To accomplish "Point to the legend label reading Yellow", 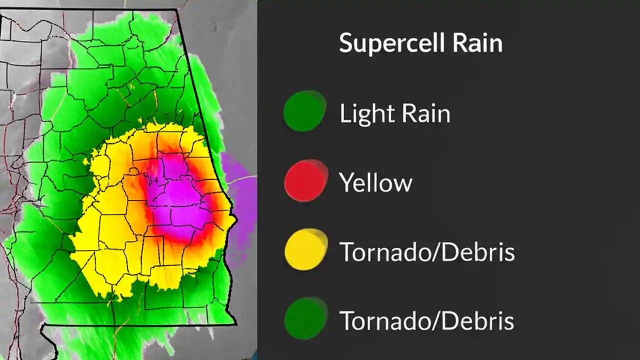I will [x=375, y=182].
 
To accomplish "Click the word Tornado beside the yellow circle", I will [x=382, y=251].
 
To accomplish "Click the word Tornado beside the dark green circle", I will [x=382, y=320].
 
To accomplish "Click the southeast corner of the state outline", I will [x=235, y=323].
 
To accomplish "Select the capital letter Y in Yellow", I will [x=345, y=182].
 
